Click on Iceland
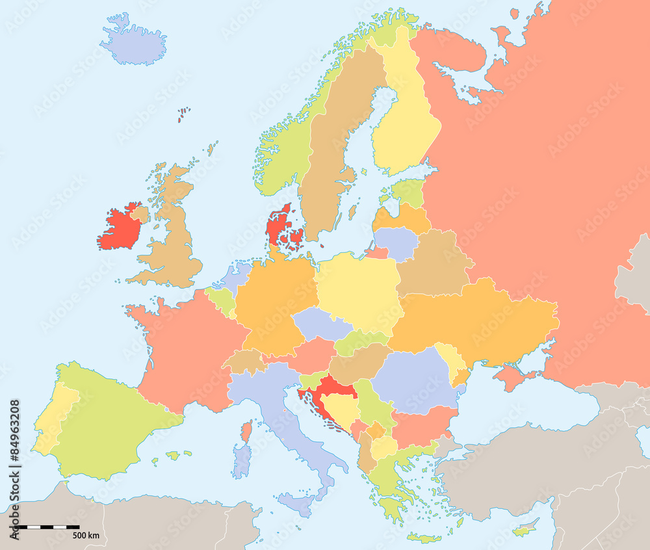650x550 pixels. click(x=133, y=44)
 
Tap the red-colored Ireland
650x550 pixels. click(x=120, y=229)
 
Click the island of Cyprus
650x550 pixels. click(x=525, y=529)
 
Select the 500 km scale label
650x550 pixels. click(x=85, y=535)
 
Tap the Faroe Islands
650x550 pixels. click(x=183, y=115)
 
